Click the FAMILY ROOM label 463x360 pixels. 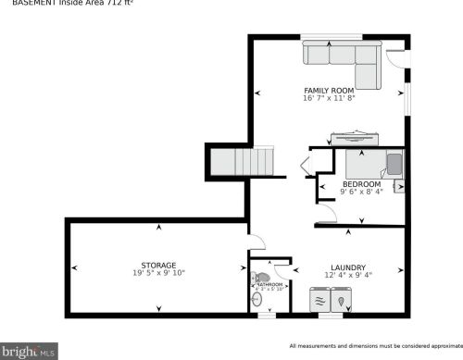[x=330, y=90]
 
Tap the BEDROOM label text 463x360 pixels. [x=361, y=184]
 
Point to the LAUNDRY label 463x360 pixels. [x=347, y=267]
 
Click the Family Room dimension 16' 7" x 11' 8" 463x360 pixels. [x=330, y=97]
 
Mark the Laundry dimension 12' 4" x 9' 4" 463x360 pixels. [x=347, y=274]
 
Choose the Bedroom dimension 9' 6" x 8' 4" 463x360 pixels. [x=361, y=192]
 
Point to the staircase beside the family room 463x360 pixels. [x=241, y=163]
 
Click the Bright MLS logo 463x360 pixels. [x=29, y=351]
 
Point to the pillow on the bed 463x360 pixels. [x=394, y=165]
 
